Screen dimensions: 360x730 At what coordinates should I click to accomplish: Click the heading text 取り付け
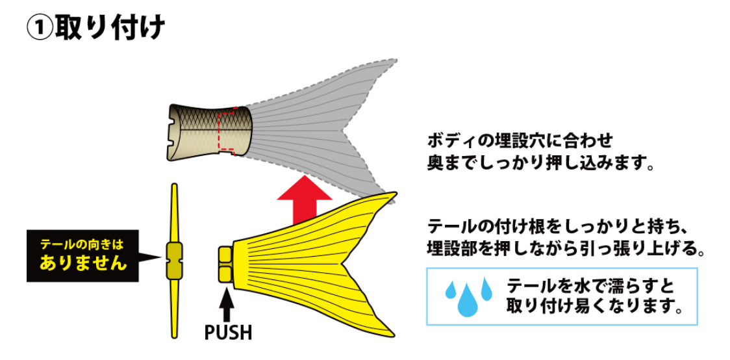[x=110, y=29]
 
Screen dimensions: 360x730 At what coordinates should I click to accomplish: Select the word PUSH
[x=228, y=332]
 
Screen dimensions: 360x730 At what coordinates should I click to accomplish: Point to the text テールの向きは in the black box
[x=81, y=245]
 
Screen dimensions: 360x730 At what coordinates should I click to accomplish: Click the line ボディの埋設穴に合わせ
[x=520, y=140]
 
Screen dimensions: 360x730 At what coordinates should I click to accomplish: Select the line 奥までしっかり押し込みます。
[x=540, y=162]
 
